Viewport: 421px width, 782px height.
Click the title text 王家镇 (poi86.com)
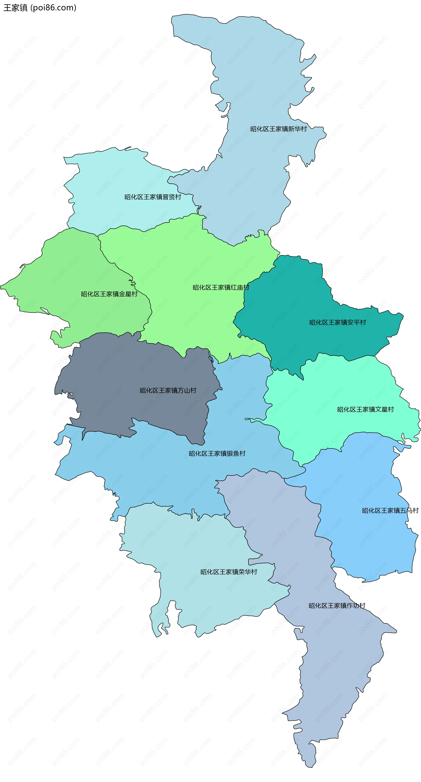[x=40, y=8]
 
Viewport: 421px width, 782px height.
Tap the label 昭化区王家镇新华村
[x=278, y=129]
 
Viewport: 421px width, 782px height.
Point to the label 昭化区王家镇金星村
[x=109, y=294]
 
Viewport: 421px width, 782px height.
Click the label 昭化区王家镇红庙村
[x=221, y=287]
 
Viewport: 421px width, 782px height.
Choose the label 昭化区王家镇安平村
[x=337, y=322]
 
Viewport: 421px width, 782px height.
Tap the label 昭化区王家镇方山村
[x=168, y=390]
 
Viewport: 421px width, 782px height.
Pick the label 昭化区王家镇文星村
[x=365, y=410]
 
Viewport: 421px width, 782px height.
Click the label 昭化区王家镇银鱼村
[x=217, y=454]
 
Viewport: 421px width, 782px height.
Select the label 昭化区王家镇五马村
[x=390, y=511]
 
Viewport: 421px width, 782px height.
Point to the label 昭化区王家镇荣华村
[x=228, y=572]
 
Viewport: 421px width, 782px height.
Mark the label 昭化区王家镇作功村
[x=337, y=606]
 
